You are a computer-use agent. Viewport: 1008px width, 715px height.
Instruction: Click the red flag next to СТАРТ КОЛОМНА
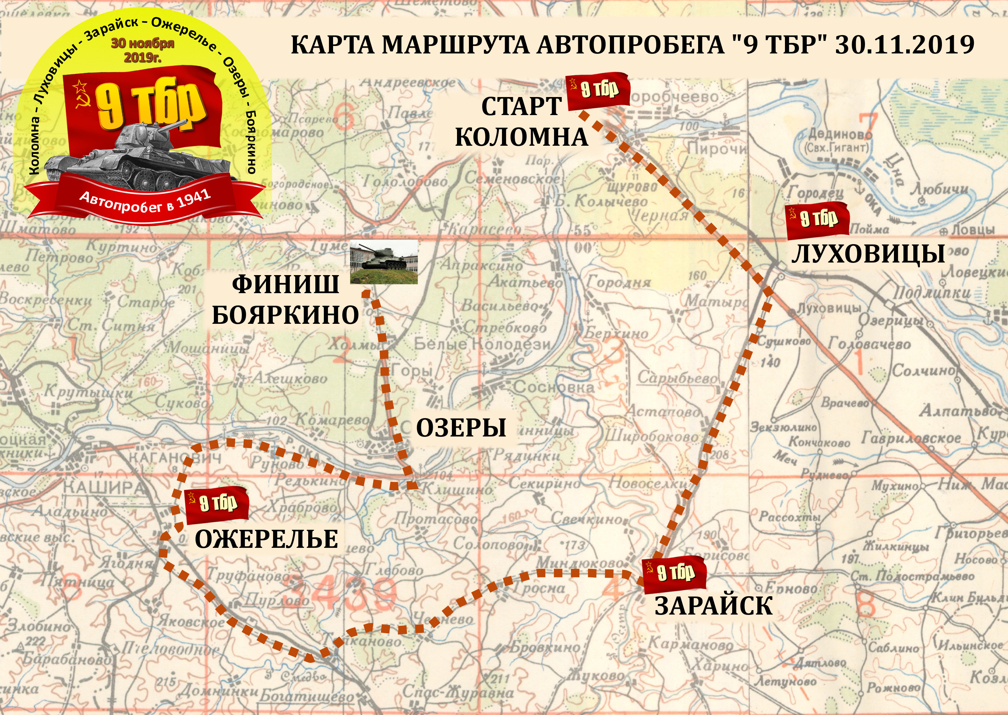coord(598,94)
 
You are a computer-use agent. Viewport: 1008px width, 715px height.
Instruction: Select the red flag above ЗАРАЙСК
coord(675,574)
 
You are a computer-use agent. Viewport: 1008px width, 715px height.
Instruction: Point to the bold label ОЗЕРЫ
coord(461,428)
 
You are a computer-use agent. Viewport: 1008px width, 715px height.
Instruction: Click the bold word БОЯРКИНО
coord(285,315)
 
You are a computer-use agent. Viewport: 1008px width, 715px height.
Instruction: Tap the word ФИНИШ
coord(285,284)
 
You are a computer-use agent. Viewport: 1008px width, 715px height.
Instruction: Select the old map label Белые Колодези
coord(482,344)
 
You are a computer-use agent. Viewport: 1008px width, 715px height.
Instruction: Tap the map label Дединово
coord(839,134)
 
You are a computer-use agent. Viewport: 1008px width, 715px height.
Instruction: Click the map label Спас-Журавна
coord(458,693)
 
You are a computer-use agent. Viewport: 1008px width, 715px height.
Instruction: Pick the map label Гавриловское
coord(911,438)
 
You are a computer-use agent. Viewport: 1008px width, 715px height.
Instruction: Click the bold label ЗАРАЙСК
coord(713,606)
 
